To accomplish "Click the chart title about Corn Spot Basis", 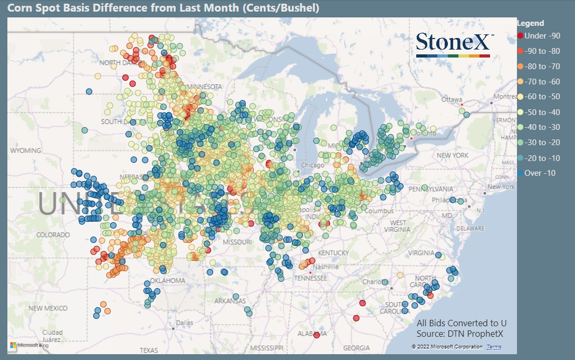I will pyautogui.click(x=163, y=8).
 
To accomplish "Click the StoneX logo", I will pyautogui.click(x=453, y=44).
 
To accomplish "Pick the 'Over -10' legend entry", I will pyautogui.click(x=540, y=173).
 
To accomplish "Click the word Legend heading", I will pyautogui.click(x=531, y=23).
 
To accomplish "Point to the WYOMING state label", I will pyautogui.click(x=26, y=151).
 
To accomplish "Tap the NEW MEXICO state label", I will pyautogui.click(x=48, y=308).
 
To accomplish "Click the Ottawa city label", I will pyautogui.click(x=452, y=99).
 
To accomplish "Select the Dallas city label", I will pyautogui.click(x=185, y=323).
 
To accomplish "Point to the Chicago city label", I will pyautogui.click(x=312, y=165).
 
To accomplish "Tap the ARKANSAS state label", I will pyautogui.click(x=230, y=301).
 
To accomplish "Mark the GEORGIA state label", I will pyautogui.click(x=356, y=348).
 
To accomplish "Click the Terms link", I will pyautogui.click(x=494, y=347).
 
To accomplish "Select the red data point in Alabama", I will pyautogui.click(x=317, y=335).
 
